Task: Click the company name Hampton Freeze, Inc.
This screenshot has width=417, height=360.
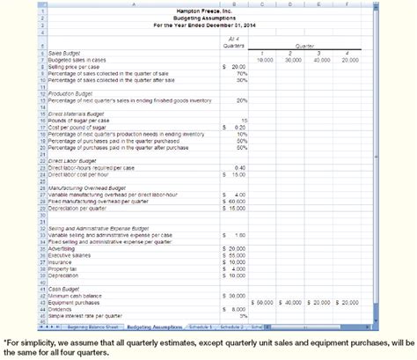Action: click(208, 11)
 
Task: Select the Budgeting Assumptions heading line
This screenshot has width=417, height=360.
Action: click(208, 18)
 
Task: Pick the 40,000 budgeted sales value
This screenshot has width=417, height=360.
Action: click(323, 59)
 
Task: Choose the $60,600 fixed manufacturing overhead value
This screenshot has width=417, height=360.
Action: click(234, 202)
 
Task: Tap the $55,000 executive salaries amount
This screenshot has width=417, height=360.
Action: click(234, 255)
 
